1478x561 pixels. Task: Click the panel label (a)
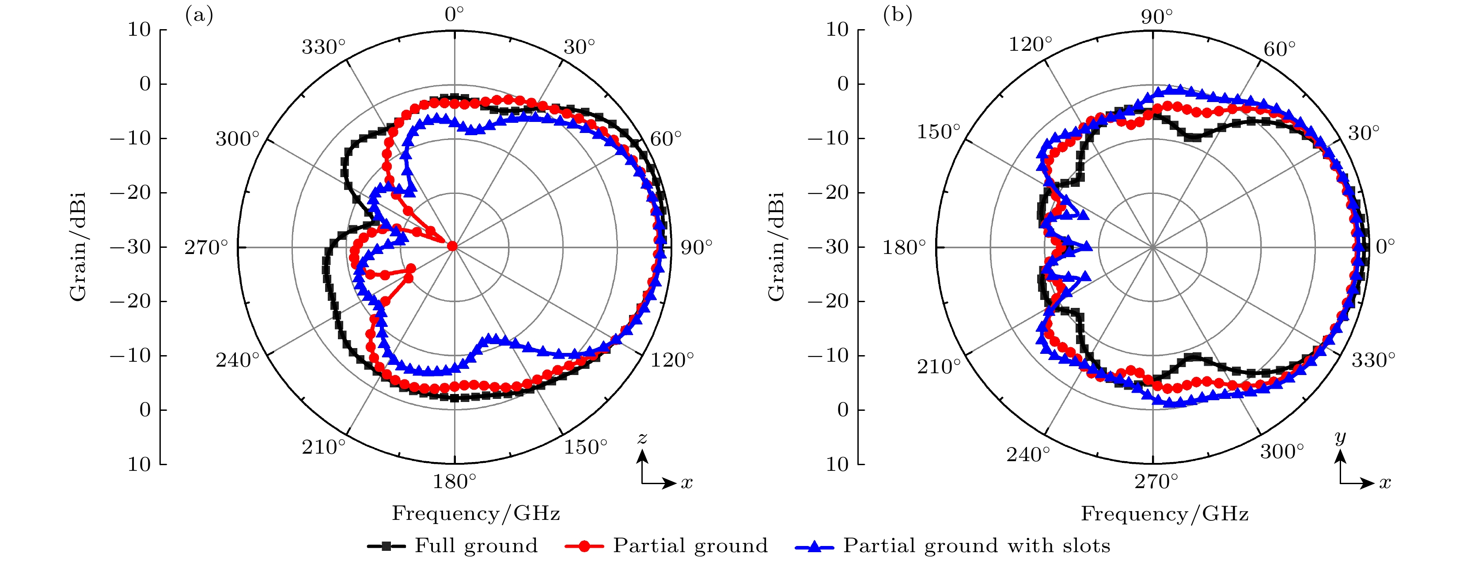tap(198, 15)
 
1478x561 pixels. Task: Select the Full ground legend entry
tap(476, 546)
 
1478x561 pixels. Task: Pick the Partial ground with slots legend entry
tap(977, 546)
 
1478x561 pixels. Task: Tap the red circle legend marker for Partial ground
tap(584, 546)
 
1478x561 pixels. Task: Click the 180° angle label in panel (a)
tap(455, 482)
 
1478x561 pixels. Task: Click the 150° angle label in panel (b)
tap(938, 132)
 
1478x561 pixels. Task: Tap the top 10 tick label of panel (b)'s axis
tap(838, 30)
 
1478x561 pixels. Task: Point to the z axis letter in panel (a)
tap(643, 439)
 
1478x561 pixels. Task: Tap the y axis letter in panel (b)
tap(1340, 438)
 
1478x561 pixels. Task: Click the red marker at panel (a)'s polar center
tap(452, 246)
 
